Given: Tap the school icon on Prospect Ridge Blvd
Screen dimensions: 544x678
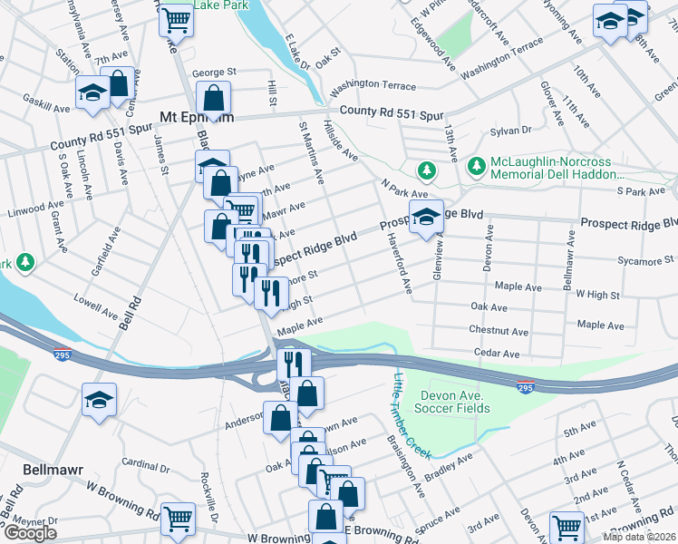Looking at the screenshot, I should point(426,218).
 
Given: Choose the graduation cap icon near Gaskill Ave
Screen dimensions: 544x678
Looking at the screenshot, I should point(92,94).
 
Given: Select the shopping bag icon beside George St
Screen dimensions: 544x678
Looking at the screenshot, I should point(213,98).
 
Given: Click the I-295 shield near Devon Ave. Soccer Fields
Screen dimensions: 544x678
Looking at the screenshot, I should point(526,387).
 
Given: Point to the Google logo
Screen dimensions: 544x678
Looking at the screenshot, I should point(30,533).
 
